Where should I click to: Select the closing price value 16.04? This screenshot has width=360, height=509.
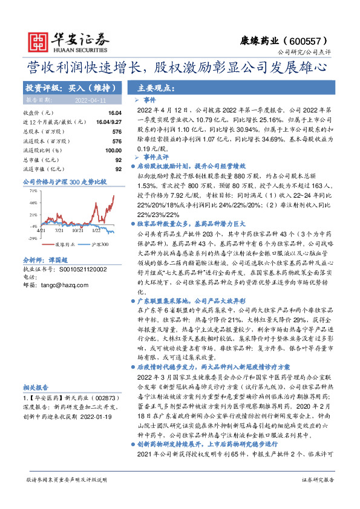[114, 113]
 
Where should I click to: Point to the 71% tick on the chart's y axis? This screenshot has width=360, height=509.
[32, 190]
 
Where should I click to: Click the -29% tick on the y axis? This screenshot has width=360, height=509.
[32, 239]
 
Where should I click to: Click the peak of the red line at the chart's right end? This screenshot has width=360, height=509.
[114, 195]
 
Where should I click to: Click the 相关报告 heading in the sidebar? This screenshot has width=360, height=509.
[33, 387]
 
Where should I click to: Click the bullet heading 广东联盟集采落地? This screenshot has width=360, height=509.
[165, 300]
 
